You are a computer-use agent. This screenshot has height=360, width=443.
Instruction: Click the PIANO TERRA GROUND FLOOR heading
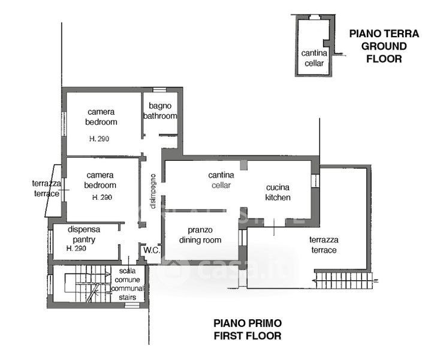(384, 46)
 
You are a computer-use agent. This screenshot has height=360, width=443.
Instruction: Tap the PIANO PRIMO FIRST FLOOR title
(248, 329)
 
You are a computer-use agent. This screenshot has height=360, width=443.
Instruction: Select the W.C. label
(152, 250)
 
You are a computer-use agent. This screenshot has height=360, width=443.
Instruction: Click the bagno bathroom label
(160, 111)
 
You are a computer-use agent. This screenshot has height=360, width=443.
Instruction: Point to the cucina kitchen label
(278, 193)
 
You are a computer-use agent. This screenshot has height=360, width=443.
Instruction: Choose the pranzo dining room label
(200, 235)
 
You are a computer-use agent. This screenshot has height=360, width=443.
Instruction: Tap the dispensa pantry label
(84, 235)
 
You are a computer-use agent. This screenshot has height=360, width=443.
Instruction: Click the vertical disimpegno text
(153, 191)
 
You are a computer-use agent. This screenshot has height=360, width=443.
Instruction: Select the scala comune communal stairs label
(128, 284)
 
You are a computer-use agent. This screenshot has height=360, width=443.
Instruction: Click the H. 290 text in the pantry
(76, 248)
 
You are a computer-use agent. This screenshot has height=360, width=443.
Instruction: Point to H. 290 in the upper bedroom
(99, 139)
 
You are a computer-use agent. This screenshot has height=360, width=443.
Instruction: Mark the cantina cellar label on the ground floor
(314, 58)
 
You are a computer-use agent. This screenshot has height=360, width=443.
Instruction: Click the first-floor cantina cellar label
(221, 180)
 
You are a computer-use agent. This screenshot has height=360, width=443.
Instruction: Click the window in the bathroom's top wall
(159, 90)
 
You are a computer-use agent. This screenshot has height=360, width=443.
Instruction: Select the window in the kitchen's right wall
(315, 181)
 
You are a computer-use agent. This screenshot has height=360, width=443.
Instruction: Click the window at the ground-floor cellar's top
(314, 17)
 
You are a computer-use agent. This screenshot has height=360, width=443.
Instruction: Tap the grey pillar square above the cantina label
(243, 165)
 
